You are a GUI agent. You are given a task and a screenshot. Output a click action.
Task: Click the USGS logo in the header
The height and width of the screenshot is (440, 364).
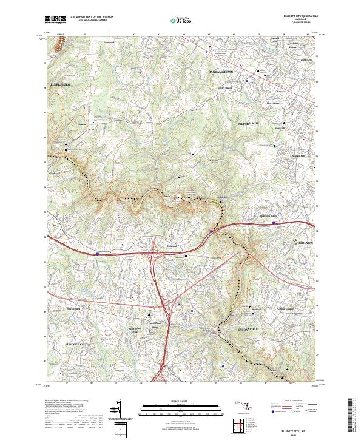point(55,19)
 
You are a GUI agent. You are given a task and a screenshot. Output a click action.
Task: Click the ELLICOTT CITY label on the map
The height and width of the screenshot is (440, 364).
point(77,344)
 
